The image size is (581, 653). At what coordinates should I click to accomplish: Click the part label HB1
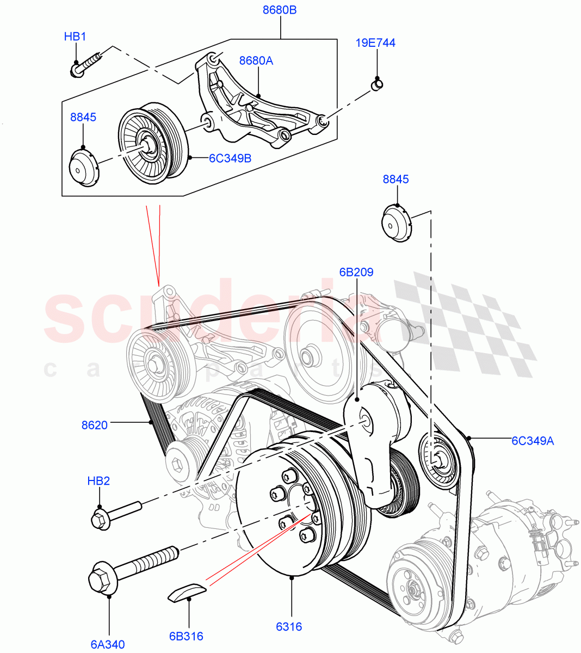click(75, 37)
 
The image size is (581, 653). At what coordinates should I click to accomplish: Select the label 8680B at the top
click(280, 10)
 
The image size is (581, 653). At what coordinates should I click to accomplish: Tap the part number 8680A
click(256, 60)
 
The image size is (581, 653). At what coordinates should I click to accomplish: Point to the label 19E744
click(375, 42)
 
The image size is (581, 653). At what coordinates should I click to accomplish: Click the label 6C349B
click(230, 158)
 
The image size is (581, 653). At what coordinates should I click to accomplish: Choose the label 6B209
click(356, 272)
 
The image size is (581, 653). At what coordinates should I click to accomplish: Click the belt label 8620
click(95, 425)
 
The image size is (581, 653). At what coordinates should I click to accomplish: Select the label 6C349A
click(532, 441)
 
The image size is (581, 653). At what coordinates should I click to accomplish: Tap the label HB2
click(98, 481)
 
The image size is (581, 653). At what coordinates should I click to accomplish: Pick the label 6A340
click(108, 644)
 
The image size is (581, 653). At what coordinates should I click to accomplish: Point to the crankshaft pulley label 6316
click(289, 626)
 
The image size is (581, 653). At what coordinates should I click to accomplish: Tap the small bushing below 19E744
click(376, 84)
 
